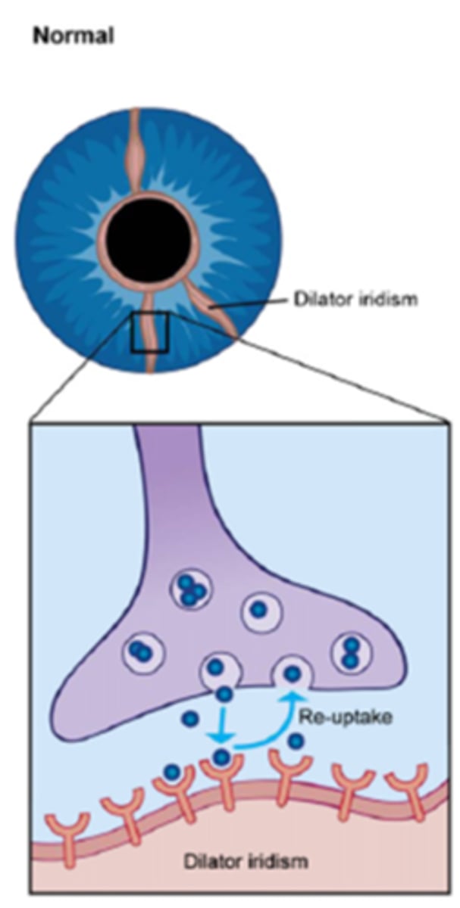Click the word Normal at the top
73,35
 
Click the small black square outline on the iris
149,332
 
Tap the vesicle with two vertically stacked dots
350,651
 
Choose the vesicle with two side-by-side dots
141,650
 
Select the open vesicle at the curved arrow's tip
292,671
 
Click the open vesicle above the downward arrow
217,669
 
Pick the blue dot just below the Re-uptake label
296,742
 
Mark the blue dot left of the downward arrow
191,718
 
